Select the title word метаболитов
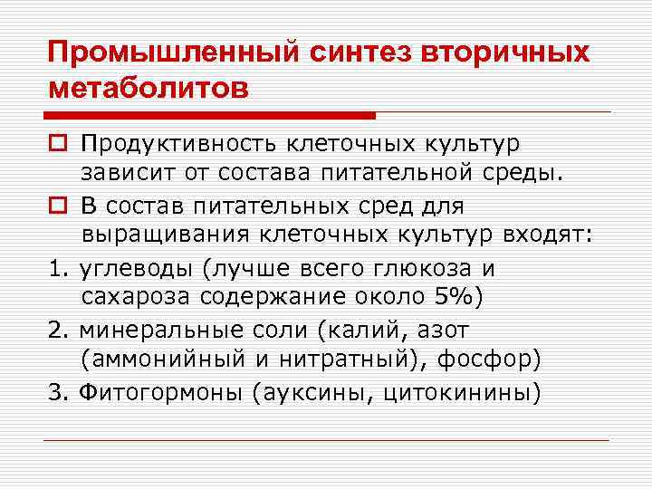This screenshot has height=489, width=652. [x=147, y=89]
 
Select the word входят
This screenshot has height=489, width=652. [x=550, y=235]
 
